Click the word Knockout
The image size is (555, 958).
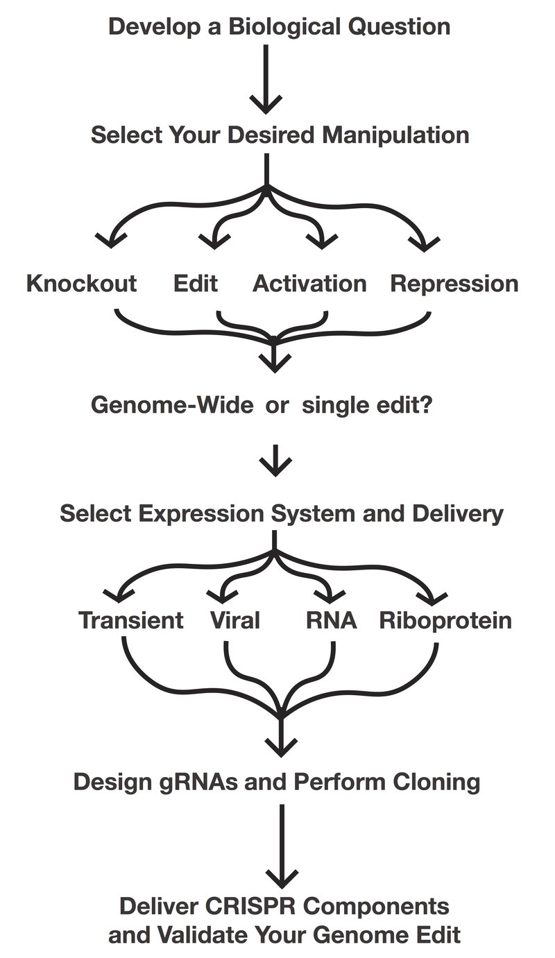pyautogui.click(x=81, y=284)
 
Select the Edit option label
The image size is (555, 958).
pyautogui.click(x=195, y=284)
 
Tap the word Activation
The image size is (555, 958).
pyautogui.click(x=309, y=284)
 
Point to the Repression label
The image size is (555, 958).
pyautogui.click(x=454, y=284)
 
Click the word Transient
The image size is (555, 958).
pyautogui.click(x=131, y=619)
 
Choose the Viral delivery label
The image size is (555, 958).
pyautogui.click(x=234, y=619)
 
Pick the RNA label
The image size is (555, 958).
pyautogui.click(x=332, y=619)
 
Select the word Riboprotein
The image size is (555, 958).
pyautogui.click(x=445, y=619)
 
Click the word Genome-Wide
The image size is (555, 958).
pyautogui.click(x=172, y=404)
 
